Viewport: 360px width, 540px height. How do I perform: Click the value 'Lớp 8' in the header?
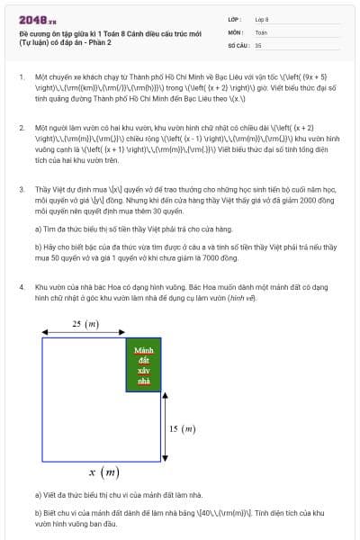coord(262,18)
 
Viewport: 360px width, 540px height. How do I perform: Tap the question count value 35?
coord(258,44)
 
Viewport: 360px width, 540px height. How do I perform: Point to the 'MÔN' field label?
coord(235,31)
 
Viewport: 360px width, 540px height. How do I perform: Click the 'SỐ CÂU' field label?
coord(238,44)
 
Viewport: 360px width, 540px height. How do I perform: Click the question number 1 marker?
coord(22,78)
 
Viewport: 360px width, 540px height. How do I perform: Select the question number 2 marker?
coord(22,129)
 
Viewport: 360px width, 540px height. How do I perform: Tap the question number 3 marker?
coord(22,190)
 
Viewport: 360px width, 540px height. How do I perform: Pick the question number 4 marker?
coord(22,287)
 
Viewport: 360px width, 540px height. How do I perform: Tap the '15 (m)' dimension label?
coord(182,428)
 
